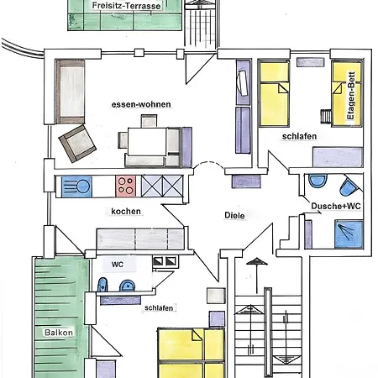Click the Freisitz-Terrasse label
tap(126, 6)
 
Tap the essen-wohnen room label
tap(141, 104)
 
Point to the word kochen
tap(126, 211)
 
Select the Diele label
tap(234, 215)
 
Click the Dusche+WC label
tap(336, 206)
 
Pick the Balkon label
tap(59, 333)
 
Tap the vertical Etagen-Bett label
tap(351, 96)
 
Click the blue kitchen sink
tap(76, 186)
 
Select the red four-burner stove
tap(125, 186)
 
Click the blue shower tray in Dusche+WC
tap(349, 234)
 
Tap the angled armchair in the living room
tap(77, 144)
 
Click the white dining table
tap(147, 141)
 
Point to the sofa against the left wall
tap(71, 92)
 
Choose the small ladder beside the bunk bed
tap(326, 116)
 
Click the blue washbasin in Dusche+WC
tap(318, 181)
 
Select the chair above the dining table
tap(149, 121)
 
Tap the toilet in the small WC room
tap(102, 285)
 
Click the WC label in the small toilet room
tap(118, 265)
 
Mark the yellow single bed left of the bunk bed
tap(274, 93)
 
